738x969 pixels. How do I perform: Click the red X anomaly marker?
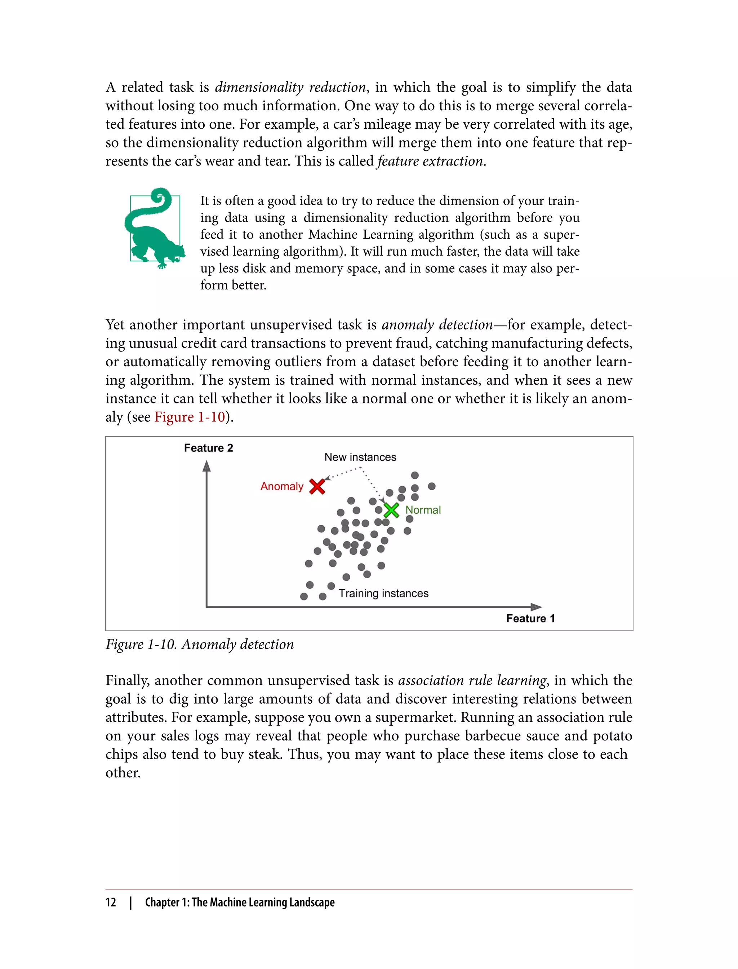(x=317, y=486)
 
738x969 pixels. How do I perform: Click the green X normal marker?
(x=391, y=510)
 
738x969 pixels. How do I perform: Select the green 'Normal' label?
(x=423, y=510)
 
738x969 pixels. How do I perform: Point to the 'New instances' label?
(x=360, y=457)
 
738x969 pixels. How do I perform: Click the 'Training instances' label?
(x=383, y=593)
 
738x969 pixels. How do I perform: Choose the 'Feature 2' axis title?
(x=208, y=448)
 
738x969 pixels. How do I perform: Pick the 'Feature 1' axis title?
(x=530, y=618)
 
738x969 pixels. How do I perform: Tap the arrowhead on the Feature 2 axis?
(x=206, y=466)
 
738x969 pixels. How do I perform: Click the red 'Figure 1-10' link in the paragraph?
(x=189, y=417)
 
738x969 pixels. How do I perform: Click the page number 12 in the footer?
(x=111, y=902)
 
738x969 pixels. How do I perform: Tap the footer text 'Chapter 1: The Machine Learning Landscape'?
(x=240, y=902)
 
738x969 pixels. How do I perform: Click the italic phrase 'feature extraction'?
(x=431, y=161)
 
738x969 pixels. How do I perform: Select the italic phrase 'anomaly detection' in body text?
(x=437, y=324)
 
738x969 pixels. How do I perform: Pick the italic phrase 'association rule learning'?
(x=472, y=680)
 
